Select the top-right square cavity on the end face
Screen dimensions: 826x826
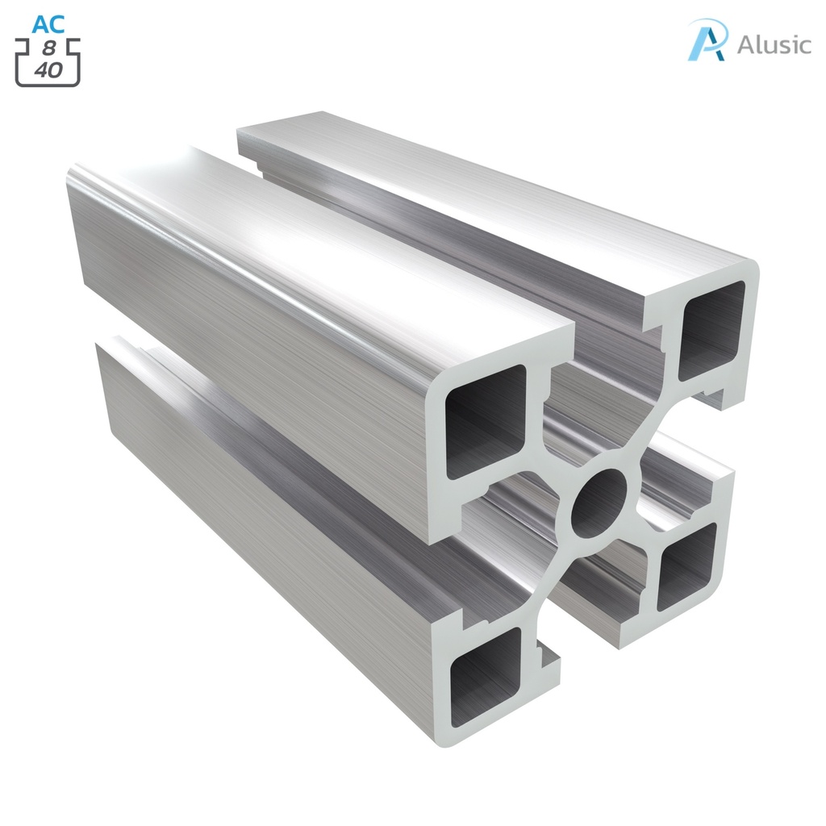pos(710,330)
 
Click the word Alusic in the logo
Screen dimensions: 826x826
pos(774,44)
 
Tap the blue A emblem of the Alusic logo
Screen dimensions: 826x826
pos(707,40)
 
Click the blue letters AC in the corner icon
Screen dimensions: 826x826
pos(48,23)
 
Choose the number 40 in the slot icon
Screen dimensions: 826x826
pos(48,69)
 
